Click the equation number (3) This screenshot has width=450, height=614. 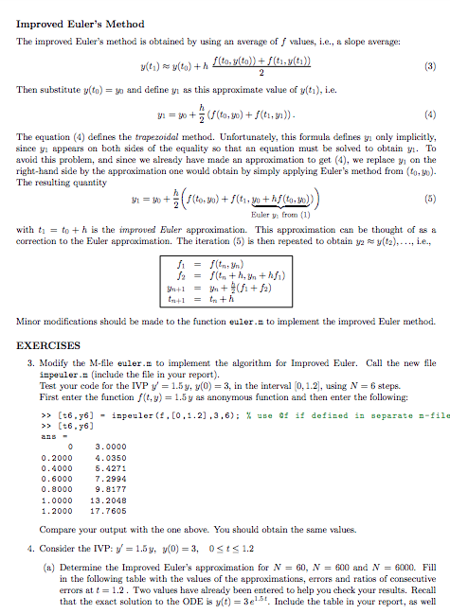433,67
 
